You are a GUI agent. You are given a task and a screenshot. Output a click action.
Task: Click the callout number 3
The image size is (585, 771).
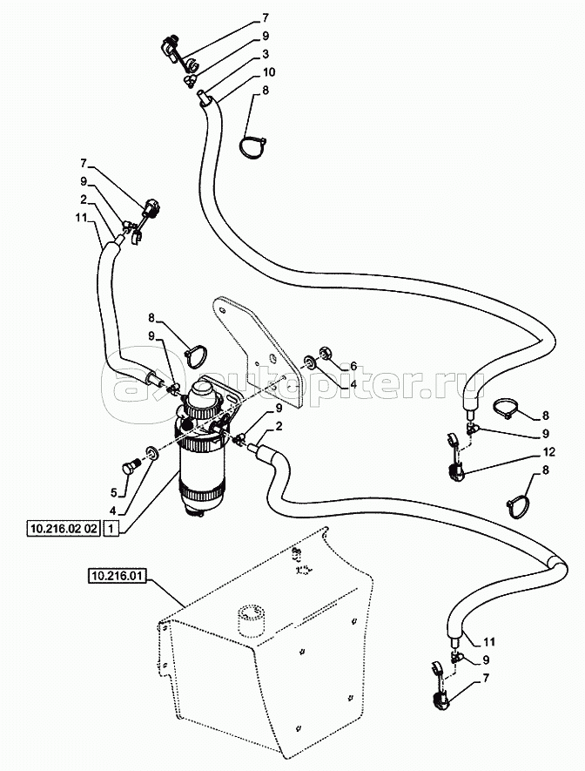[x=265, y=54]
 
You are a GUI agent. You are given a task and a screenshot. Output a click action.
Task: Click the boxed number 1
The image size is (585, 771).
[x=111, y=528]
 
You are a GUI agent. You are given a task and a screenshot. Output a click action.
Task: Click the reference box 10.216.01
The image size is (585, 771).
[x=117, y=575]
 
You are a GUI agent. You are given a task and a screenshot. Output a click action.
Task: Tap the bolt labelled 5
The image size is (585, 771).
[x=132, y=467]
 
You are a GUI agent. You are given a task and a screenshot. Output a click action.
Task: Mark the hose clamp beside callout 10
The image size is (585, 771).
[x=252, y=146]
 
